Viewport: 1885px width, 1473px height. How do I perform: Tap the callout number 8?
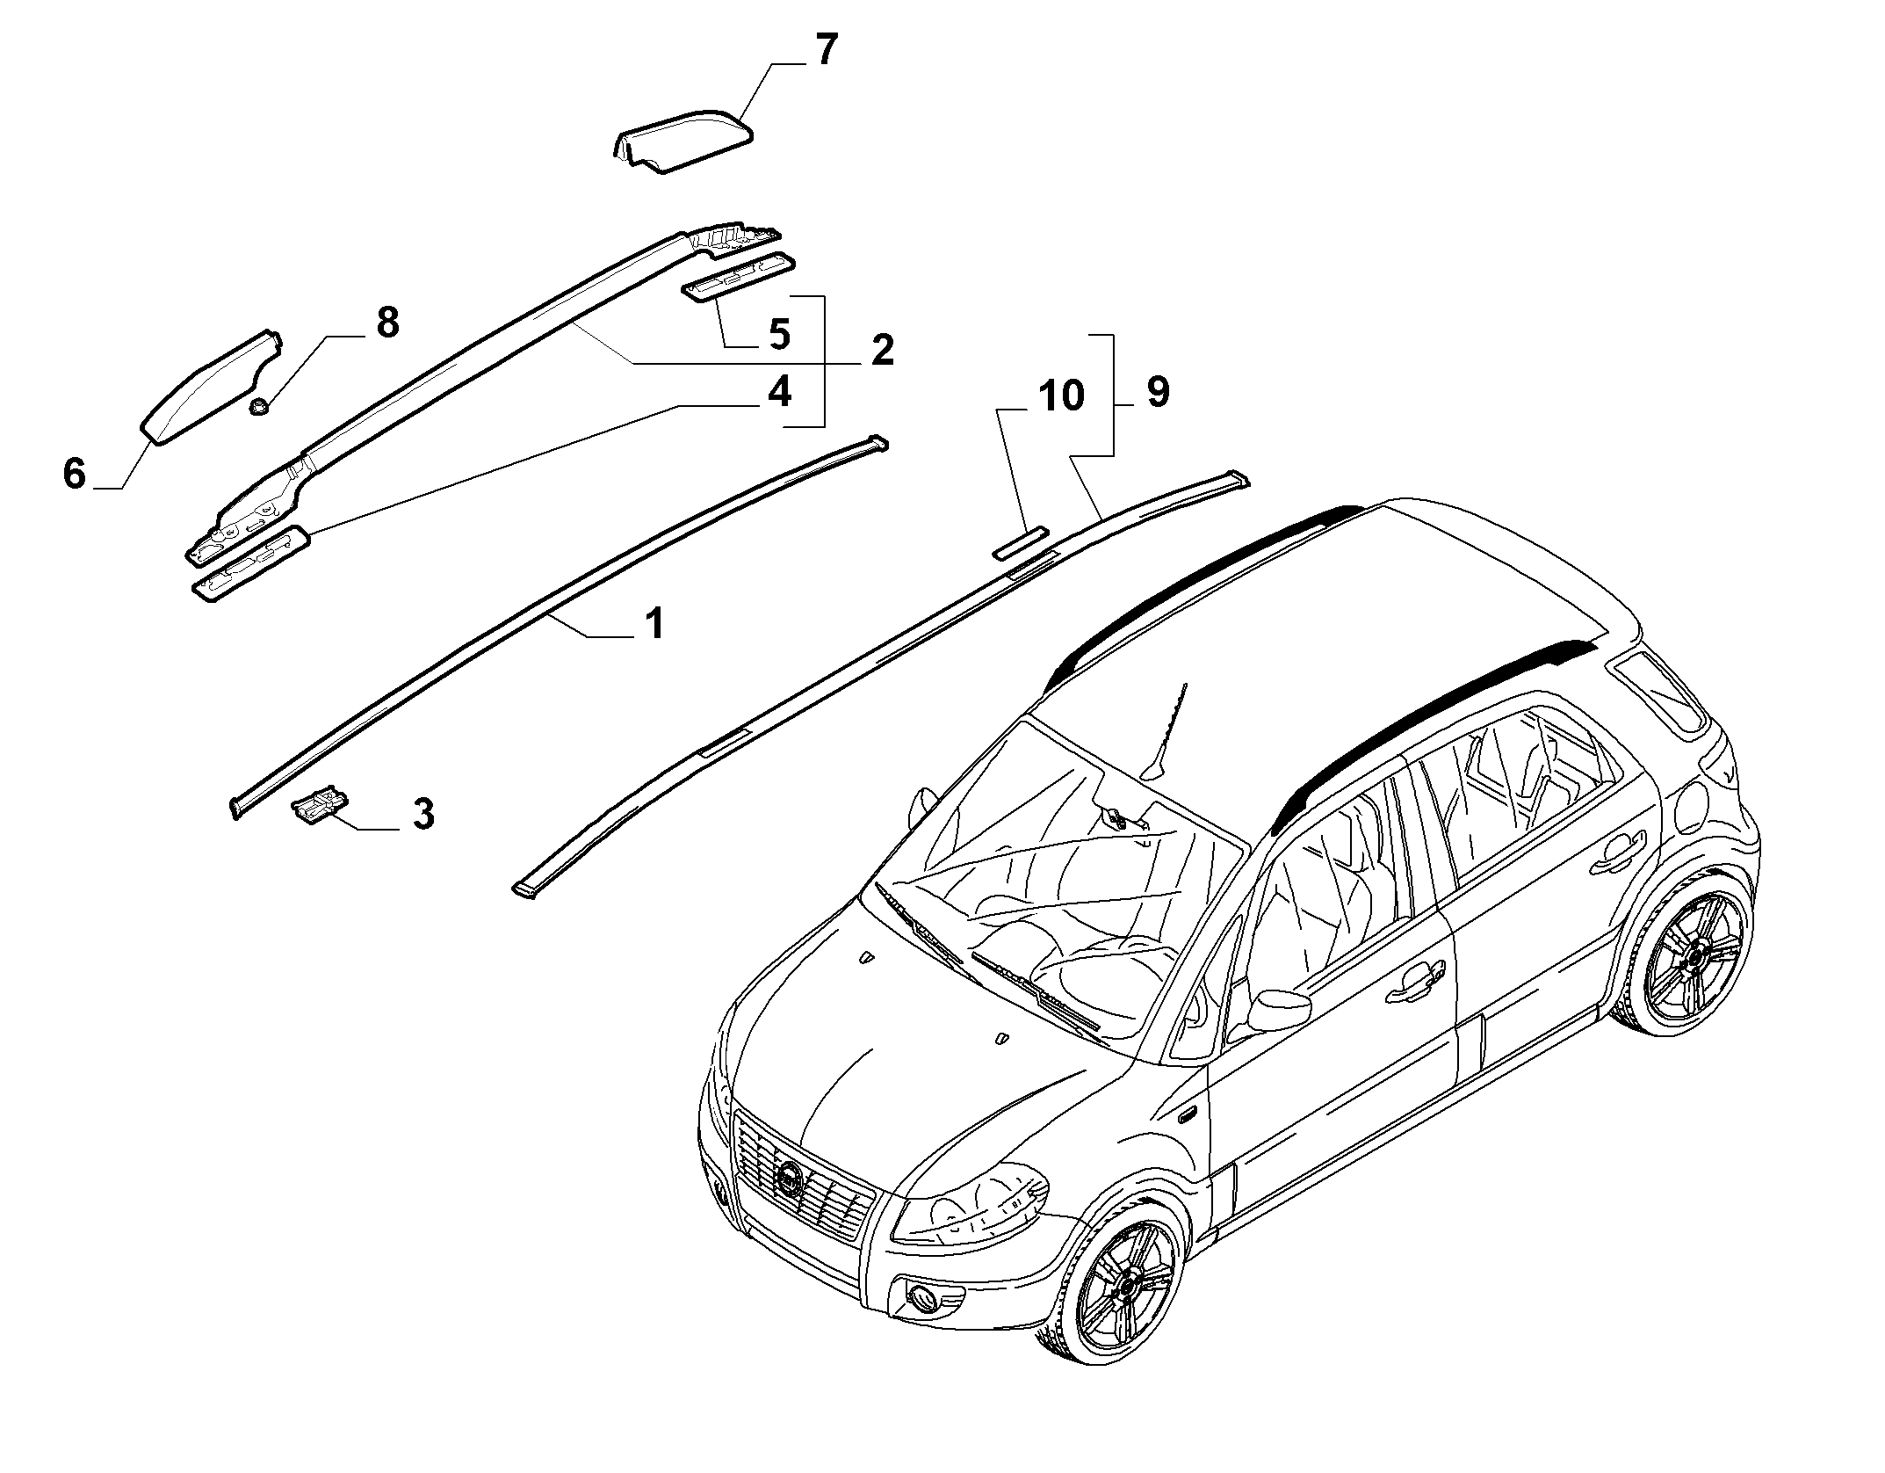[387, 323]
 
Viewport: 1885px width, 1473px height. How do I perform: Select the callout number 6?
[75, 473]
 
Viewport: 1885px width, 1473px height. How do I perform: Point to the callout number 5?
[778, 333]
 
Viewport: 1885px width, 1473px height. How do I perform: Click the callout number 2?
[882, 350]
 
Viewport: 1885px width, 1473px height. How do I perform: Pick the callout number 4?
[778, 391]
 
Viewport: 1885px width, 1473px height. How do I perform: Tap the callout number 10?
[1061, 395]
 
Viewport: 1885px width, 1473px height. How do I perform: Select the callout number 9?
[1158, 391]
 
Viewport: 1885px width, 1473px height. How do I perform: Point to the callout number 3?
[423, 814]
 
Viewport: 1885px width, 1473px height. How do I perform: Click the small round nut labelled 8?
[259, 406]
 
